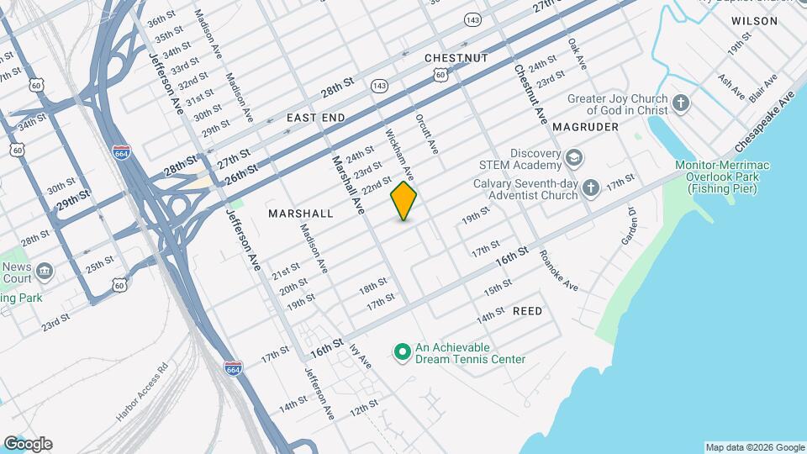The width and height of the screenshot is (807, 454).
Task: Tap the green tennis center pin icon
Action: (x=402, y=351)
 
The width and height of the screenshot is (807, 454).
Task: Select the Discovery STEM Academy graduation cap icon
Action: (x=573, y=157)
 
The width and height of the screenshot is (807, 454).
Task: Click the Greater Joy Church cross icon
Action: (x=681, y=104)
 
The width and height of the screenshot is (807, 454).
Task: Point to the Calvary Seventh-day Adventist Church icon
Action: (x=592, y=188)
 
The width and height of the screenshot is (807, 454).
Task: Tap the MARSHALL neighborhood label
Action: (x=301, y=214)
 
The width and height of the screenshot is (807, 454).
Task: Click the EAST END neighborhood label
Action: (x=315, y=118)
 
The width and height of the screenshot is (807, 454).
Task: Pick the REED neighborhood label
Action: (x=527, y=311)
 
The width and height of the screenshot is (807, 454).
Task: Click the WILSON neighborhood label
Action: (x=754, y=20)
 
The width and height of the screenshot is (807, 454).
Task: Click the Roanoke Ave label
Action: (x=558, y=271)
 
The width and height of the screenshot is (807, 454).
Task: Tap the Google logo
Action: (x=27, y=444)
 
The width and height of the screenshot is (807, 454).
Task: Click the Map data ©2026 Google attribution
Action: (x=754, y=447)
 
